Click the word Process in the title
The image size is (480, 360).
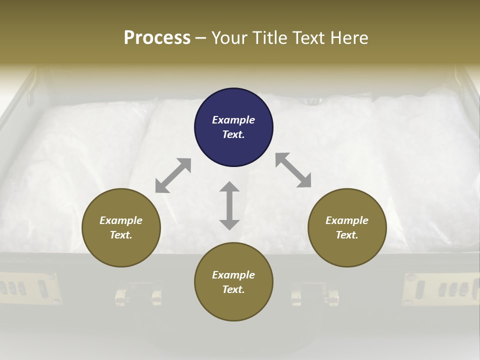pyautogui.click(x=157, y=38)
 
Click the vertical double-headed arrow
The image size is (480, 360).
pyautogui.click(x=229, y=205)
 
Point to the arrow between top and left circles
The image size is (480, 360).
pyautogui.click(x=173, y=175)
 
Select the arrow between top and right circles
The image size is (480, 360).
pyautogui.click(x=293, y=170)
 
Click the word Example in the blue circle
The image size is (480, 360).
pyautogui.click(x=233, y=120)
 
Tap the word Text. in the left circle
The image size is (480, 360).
pyautogui.click(x=121, y=235)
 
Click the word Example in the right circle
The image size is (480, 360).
pyautogui.click(x=347, y=220)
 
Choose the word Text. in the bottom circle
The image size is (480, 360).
pyautogui.click(x=233, y=289)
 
